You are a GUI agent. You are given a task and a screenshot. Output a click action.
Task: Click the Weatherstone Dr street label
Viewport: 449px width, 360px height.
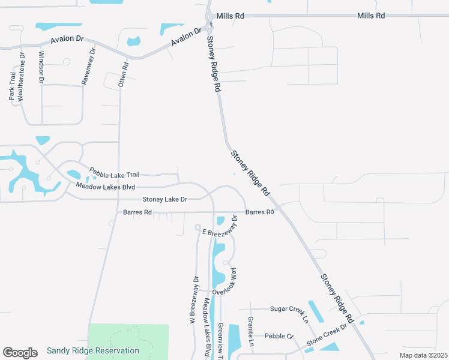coord(22,79)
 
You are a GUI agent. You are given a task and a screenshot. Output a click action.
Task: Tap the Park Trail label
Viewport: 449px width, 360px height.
coord(12,88)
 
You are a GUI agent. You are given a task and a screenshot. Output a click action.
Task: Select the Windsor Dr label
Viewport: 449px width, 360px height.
coord(41,67)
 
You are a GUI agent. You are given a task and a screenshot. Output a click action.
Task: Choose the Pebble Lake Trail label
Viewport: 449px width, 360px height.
coord(114,174)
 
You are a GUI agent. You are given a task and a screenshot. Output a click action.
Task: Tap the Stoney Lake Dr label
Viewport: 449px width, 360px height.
coord(164,199)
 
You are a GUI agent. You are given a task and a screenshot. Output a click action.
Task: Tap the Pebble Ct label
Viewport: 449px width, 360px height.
coord(279,336)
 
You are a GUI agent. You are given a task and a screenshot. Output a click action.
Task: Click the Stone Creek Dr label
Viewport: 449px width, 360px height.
coord(327,337)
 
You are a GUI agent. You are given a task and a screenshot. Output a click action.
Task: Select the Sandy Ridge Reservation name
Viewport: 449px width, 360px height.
coord(92,350)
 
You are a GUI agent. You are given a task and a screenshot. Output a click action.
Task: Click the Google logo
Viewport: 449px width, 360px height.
coord(20,352)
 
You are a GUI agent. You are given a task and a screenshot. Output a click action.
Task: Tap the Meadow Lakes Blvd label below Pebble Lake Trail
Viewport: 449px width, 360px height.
coord(105,187)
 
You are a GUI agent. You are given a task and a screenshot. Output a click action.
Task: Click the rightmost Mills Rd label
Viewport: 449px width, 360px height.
coord(372,16)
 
